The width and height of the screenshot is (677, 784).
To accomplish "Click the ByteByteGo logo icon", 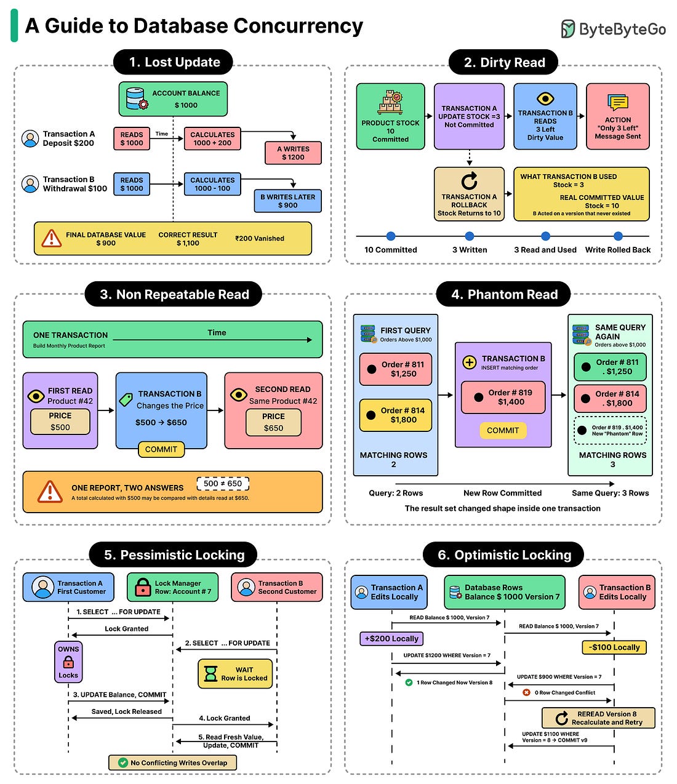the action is [x=568, y=29].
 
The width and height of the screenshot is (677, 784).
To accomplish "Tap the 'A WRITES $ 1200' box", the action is [x=293, y=153].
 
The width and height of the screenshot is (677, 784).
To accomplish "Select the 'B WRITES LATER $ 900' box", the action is [x=288, y=201].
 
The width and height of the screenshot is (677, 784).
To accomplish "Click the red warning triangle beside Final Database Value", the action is [x=51, y=239].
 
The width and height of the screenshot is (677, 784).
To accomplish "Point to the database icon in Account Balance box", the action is [x=137, y=98].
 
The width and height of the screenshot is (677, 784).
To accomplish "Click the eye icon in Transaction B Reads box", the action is [x=545, y=99].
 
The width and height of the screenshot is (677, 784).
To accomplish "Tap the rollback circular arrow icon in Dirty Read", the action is [x=469, y=180].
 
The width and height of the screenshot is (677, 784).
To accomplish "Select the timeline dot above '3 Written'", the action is [x=469, y=236].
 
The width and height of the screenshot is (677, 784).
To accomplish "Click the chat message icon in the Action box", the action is [x=617, y=102].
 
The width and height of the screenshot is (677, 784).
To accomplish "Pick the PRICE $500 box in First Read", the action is [x=60, y=422].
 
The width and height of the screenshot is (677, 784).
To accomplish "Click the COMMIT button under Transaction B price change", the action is [x=161, y=449].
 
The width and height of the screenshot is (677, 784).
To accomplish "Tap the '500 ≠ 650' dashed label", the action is [x=223, y=484].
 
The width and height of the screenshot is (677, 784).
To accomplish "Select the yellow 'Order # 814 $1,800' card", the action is [x=396, y=415].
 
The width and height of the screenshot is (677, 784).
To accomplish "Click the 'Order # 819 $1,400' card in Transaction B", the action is [x=503, y=397].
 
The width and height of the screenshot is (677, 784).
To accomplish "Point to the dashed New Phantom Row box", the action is [x=610, y=431].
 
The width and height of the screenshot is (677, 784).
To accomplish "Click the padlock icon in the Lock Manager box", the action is [x=143, y=588].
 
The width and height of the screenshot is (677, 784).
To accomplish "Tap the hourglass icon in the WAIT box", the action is [x=210, y=674].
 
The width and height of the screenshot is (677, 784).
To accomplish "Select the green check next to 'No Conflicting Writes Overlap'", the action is [x=122, y=762].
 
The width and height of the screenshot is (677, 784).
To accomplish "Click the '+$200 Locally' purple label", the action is [x=391, y=639].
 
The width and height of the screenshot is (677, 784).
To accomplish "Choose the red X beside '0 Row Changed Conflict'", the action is [x=526, y=692].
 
